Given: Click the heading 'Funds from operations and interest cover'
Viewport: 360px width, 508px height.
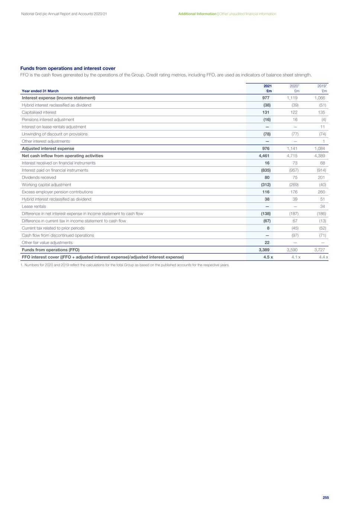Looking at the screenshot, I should coord(68,68).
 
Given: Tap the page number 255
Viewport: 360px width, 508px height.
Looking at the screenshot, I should coord(325,498).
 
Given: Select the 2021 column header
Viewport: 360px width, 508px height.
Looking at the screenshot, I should coord(268,86).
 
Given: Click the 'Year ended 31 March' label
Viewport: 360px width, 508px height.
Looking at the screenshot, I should coord(40,91).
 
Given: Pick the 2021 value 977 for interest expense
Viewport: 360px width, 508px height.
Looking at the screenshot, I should coord(266,98).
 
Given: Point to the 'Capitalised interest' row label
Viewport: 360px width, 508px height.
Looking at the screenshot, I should coord(39,112).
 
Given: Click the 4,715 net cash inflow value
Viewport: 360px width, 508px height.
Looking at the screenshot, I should coord(292,156).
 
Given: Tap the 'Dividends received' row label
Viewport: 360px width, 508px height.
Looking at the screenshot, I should coord(39,178).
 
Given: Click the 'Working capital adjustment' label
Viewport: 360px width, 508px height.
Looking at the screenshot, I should coord(46,185).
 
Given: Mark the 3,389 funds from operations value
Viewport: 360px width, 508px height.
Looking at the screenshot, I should coord(264,250).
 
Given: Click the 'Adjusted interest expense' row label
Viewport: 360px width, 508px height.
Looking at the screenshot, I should coord(48,148).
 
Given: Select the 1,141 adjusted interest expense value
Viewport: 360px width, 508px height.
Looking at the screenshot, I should coord(292,148).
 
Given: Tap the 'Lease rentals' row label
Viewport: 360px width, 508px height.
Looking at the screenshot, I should coord(34,207).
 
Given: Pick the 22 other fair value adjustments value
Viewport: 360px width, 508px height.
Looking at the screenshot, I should coord(267,243).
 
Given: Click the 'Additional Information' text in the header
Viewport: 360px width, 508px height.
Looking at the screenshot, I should coord(197,14).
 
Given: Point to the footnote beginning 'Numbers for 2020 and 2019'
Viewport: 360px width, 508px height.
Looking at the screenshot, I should coord(125,265).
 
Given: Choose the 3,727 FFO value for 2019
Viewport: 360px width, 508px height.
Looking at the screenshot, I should coord(319,250).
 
